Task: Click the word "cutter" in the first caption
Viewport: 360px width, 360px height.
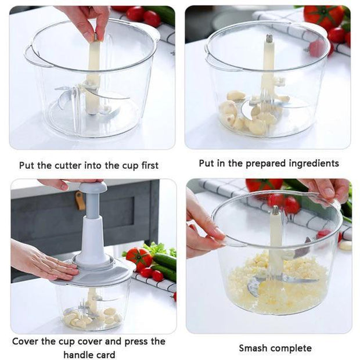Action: (x=69, y=165)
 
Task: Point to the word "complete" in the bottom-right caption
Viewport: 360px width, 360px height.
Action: (x=291, y=348)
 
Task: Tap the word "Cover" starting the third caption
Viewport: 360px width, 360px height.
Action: (x=26, y=341)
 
